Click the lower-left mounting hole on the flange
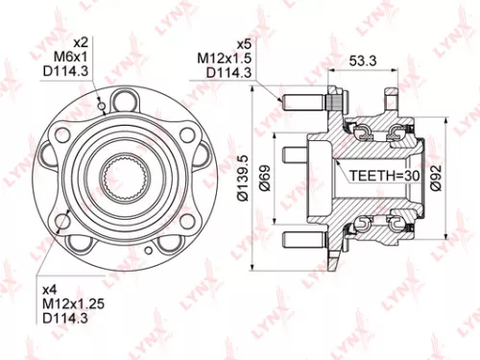(63, 223)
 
